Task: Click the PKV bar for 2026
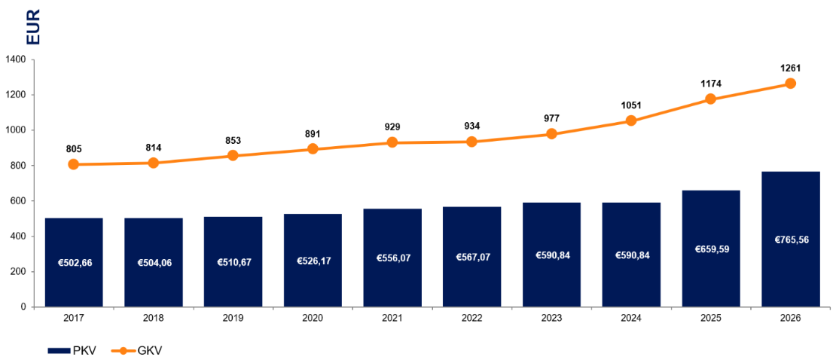tap(790, 239)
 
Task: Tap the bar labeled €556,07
tap(392, 258)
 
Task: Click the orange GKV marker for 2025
tap(711, 99)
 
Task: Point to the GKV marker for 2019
tap(233, 156)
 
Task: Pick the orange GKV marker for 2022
tap(471, 142)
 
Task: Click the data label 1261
tap(790, 69)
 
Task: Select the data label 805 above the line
tap(74, 149)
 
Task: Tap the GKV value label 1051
tap(631, 105)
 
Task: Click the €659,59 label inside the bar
tap(711, 249)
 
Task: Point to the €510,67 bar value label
tap(233, 262)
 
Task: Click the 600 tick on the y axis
tap(17, 201)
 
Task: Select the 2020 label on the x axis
tap(313, 319)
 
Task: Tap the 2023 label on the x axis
tap(551, 319)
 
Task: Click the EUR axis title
tap(32, 25)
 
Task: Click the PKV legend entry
tap(72, 350)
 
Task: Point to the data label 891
tap(313, 133)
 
